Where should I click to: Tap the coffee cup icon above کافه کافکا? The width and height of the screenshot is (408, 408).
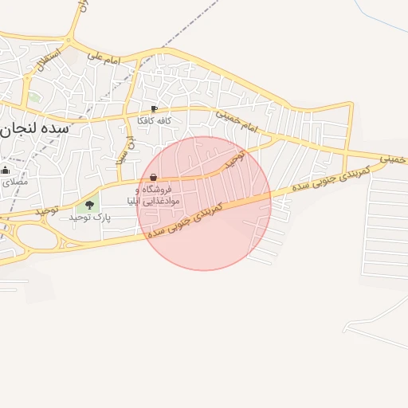pyautogui.click(x=154, y=109)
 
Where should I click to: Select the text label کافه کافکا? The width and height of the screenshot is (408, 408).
pyautogui.click(x=155, y=120)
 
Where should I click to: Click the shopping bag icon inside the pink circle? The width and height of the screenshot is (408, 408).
pyautogui.click(x=153, y=177)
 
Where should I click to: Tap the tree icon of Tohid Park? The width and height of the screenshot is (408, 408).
pyautogui.click(x=89, y=205)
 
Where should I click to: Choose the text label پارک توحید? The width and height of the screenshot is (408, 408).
pyautogui.click(x=88, y=217)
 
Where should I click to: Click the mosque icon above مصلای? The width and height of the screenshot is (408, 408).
pyautogui.click(x=6, y=170)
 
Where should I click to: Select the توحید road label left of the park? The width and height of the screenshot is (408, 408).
pyautogui.click(x=47, y=210)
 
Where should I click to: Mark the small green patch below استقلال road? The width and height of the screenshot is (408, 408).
pyautogui.click(x=34, y=98)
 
